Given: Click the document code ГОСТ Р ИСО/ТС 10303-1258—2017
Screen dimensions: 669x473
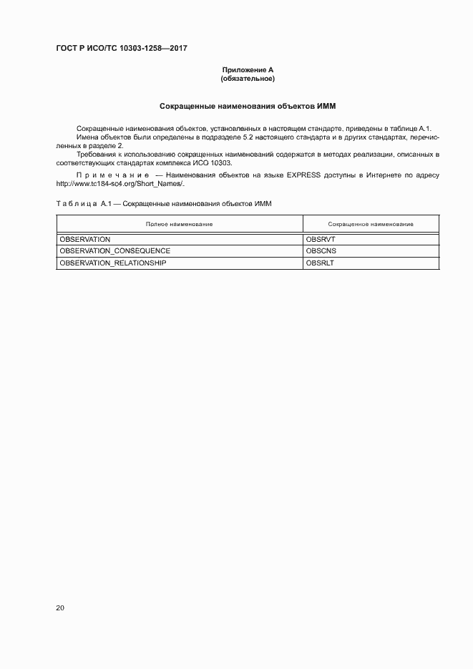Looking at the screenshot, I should coord(125,49).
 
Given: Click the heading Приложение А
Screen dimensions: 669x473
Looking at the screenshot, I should coord(248,70).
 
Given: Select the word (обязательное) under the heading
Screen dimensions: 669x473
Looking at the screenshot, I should coord(248,78).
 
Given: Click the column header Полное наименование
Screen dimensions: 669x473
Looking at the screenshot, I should coord(179,225).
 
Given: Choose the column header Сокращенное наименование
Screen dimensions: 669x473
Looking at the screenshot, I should coord(371,225).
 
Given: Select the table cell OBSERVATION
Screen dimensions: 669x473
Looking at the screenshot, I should coord(85,239).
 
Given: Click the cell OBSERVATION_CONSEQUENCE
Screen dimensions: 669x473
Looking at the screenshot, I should coord(115,251).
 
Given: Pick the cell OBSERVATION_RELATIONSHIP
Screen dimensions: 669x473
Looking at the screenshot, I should coord(113,263).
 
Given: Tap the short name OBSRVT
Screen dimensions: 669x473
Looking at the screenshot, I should coord(320,239).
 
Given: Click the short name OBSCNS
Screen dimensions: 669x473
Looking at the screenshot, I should coord(321,251).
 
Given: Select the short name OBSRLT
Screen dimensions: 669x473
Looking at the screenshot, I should coord(320,263).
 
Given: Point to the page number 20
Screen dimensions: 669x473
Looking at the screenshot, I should coord(60,608).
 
